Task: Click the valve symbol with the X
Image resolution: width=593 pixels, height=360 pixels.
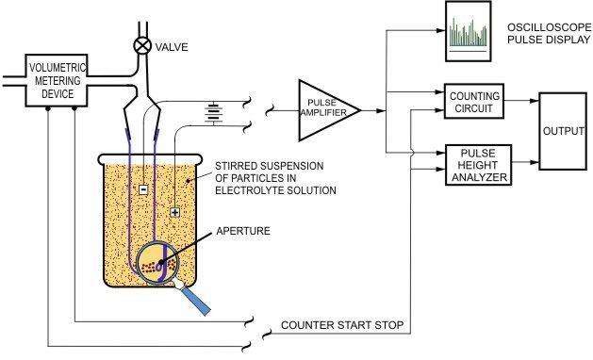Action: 142,46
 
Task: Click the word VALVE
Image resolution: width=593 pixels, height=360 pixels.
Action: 172,47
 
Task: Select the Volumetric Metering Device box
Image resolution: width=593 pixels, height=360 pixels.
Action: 57,80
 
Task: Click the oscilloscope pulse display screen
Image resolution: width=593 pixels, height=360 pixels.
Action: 469,31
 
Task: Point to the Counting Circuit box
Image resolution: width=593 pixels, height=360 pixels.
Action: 474,102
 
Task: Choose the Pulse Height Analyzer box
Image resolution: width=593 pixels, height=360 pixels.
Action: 478,165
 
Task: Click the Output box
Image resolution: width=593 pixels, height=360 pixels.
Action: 563,131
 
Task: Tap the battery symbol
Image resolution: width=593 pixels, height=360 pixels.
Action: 213,112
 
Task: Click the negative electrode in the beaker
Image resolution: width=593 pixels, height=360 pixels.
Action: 143,188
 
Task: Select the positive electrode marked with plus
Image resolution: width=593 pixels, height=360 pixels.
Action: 174,212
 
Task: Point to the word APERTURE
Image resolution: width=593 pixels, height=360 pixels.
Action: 243,231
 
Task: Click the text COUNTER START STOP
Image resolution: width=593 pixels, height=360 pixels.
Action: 342,325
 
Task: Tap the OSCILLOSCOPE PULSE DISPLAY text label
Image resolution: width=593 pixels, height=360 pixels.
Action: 549,33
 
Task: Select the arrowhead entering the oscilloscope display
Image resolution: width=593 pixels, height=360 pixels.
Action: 440,30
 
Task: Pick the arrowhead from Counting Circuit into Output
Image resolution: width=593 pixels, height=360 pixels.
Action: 535,101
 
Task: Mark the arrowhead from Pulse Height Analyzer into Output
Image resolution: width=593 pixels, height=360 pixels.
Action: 535,162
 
